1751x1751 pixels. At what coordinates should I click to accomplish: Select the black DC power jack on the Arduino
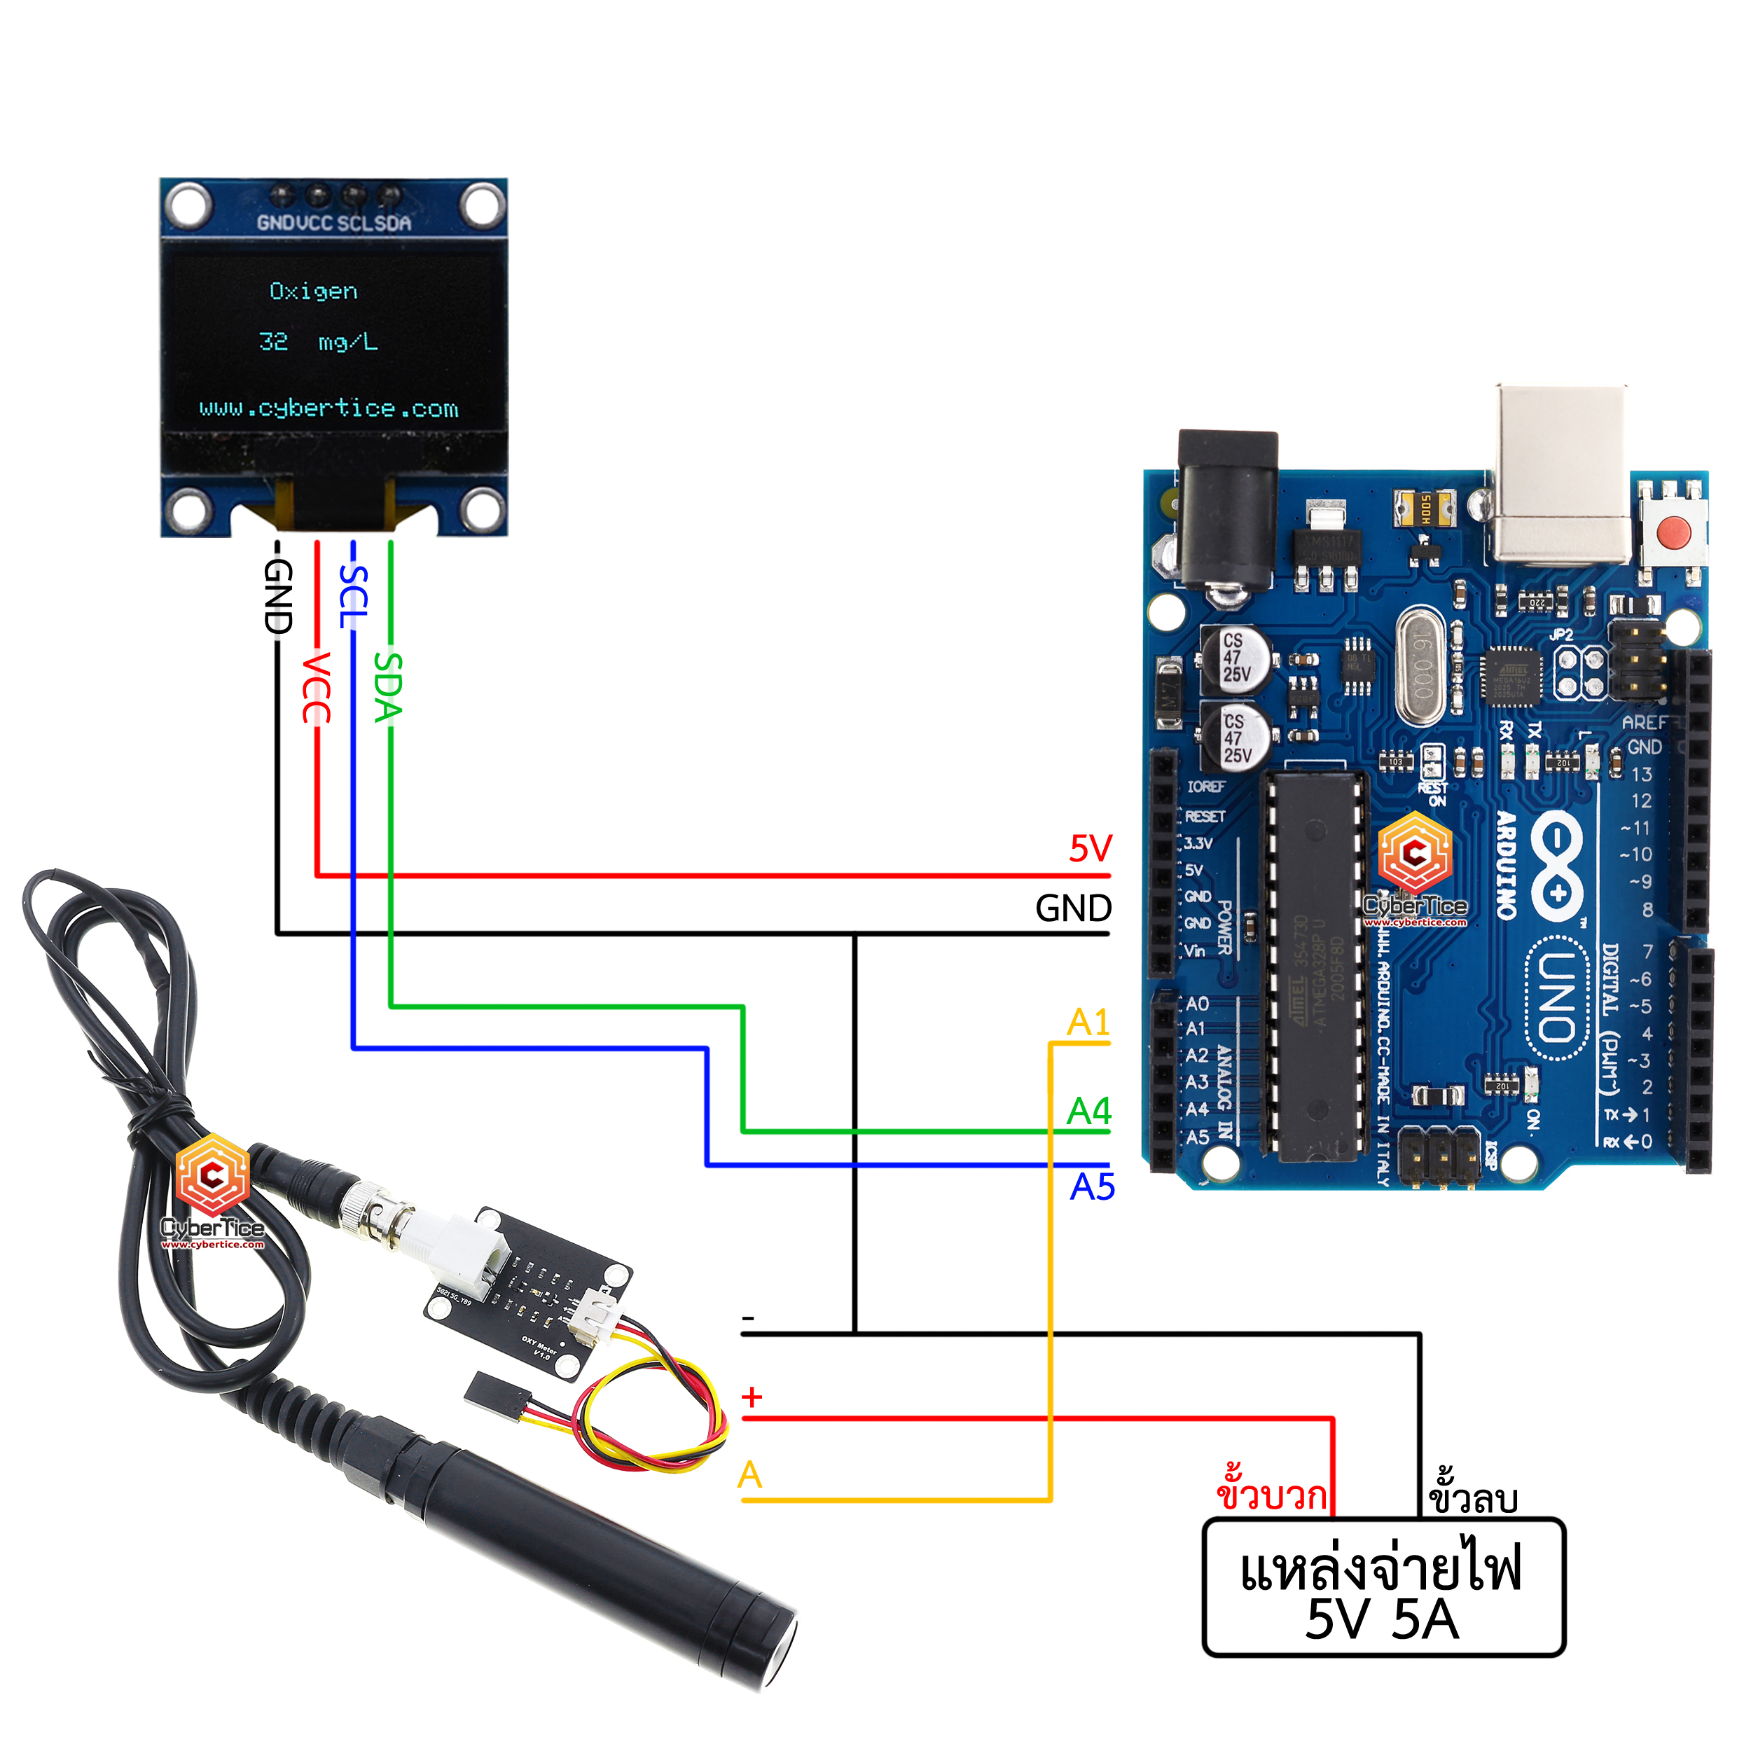(1227, 512)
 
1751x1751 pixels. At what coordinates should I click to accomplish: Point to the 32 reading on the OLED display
(274, 342)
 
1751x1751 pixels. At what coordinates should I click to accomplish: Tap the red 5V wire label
(1091, 849)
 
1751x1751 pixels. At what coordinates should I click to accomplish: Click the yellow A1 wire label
(1088, 1023)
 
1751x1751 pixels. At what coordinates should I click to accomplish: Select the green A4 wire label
(1088, 1111)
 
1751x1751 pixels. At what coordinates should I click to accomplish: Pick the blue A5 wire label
(1092, 1187)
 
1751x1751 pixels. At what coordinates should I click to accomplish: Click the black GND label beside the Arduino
(1073, 908)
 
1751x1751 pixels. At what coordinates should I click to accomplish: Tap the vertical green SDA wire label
(388, 687)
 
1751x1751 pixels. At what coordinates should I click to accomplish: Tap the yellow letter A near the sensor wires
(749, 1474)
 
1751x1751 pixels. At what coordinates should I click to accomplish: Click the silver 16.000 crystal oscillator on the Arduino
(1420, 668)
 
